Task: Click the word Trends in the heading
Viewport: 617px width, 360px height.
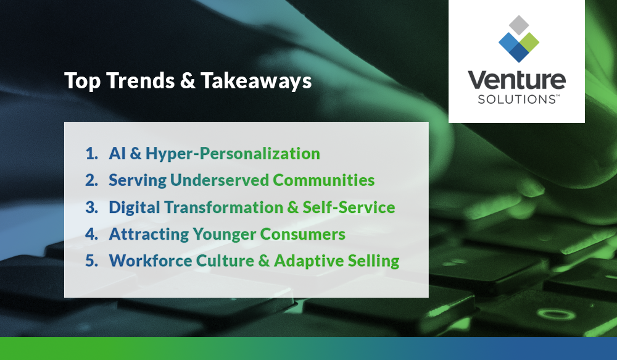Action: pos(135,81)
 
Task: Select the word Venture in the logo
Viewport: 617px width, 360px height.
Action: pos(516,81)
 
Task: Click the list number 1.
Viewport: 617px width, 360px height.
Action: pos(91,153)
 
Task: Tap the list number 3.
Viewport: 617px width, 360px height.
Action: pos(91,207)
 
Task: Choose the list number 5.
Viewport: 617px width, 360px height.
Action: pos(91,261)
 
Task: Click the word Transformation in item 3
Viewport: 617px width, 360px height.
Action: pos(219,207)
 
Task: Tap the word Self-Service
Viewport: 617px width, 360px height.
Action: pos(349,207)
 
